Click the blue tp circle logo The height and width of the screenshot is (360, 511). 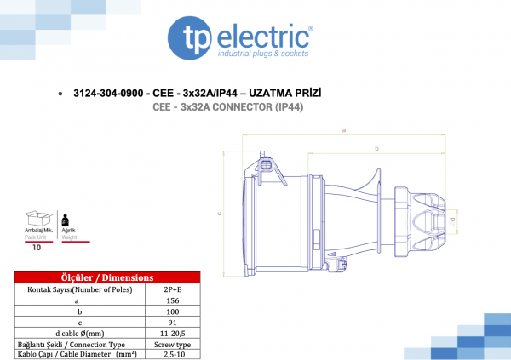(190, 38)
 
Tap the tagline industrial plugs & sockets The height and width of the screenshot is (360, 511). (263, 54)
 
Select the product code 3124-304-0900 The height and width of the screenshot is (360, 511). (108, 93)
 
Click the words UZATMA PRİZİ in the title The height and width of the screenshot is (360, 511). (284, 93)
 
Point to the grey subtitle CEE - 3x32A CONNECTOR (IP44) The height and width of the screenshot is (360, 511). (227, 107)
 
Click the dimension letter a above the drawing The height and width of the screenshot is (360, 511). (344, 130)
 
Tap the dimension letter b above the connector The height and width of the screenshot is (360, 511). (376, 149)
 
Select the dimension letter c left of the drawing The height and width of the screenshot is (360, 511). (220, 214)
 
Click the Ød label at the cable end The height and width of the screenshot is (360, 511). (451, 221)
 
